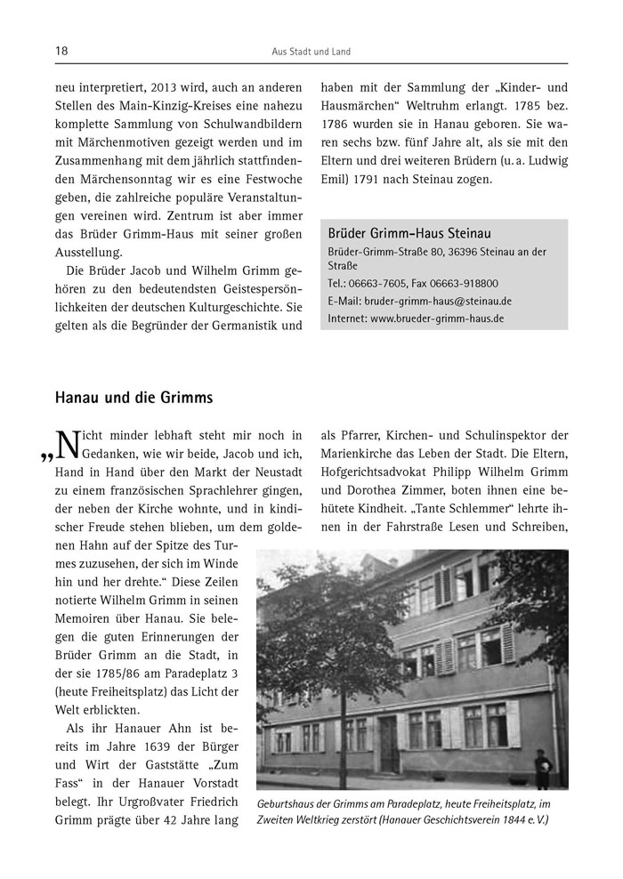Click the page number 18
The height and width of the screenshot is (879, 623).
pos(61,52)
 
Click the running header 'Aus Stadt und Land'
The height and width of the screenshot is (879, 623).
pos(311,52)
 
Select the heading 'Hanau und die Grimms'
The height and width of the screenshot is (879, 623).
pos(133,398)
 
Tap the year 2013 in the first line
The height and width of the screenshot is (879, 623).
pos(150,89)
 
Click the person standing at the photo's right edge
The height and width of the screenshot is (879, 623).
pos(543,767)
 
